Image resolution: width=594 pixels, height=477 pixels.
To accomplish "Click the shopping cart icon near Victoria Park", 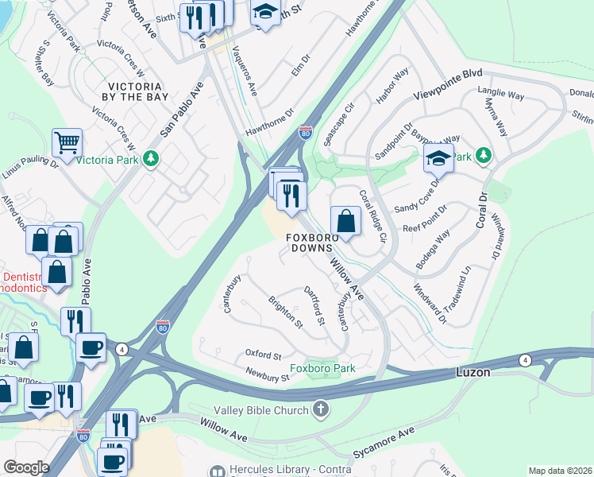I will (x=67, y=143).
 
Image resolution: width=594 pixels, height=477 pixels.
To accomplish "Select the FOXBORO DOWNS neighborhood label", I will (x=313, y=243).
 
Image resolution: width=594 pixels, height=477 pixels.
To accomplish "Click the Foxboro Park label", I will (x=322, y=368).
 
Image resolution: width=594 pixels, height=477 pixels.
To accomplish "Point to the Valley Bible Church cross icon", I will (x=320, y=410).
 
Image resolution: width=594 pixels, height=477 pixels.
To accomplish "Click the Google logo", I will (x=26, y=467).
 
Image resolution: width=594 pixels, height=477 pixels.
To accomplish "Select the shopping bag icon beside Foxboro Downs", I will (x=345, y=220).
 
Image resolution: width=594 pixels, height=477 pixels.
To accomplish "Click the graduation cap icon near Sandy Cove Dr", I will (x=438, y=158).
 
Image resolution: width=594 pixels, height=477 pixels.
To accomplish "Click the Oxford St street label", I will (x=264, y=355).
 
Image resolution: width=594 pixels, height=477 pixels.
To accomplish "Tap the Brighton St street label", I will (x=286, y=313).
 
